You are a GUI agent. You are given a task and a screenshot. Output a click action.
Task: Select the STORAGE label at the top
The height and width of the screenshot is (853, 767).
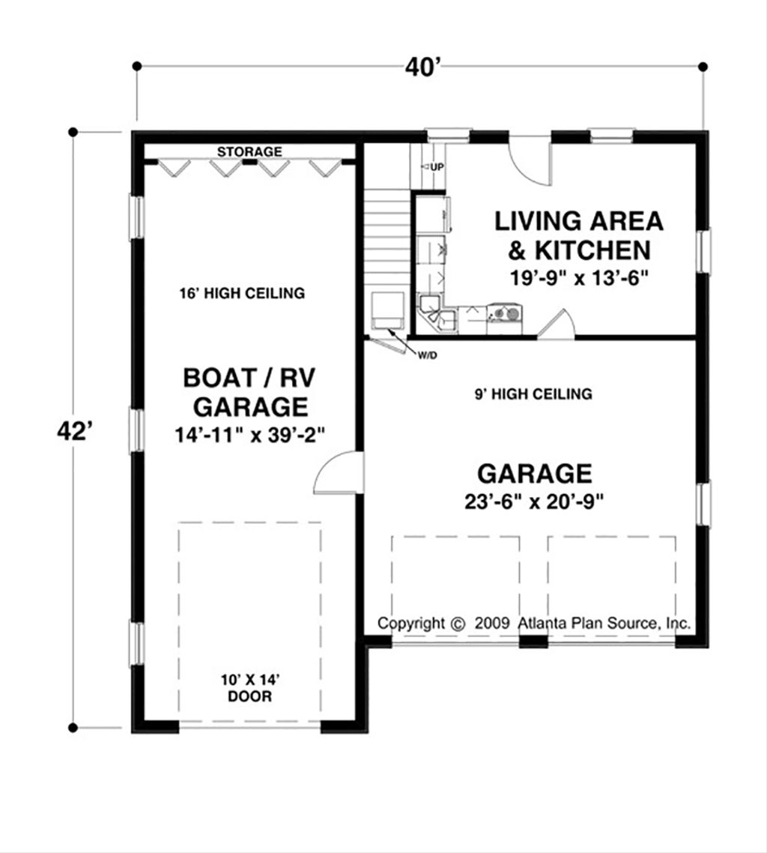[x=249, y=152]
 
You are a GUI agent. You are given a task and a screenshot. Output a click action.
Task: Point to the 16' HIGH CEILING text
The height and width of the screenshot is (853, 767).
[x=242, y=293]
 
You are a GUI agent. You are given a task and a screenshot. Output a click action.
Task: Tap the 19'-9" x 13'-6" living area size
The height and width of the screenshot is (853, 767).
[x=577, y=276]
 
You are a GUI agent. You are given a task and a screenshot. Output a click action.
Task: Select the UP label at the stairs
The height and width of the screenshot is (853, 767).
[x=436, y=166]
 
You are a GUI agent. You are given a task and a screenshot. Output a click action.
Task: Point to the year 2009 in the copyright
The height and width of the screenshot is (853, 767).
[x=491, y=623]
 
